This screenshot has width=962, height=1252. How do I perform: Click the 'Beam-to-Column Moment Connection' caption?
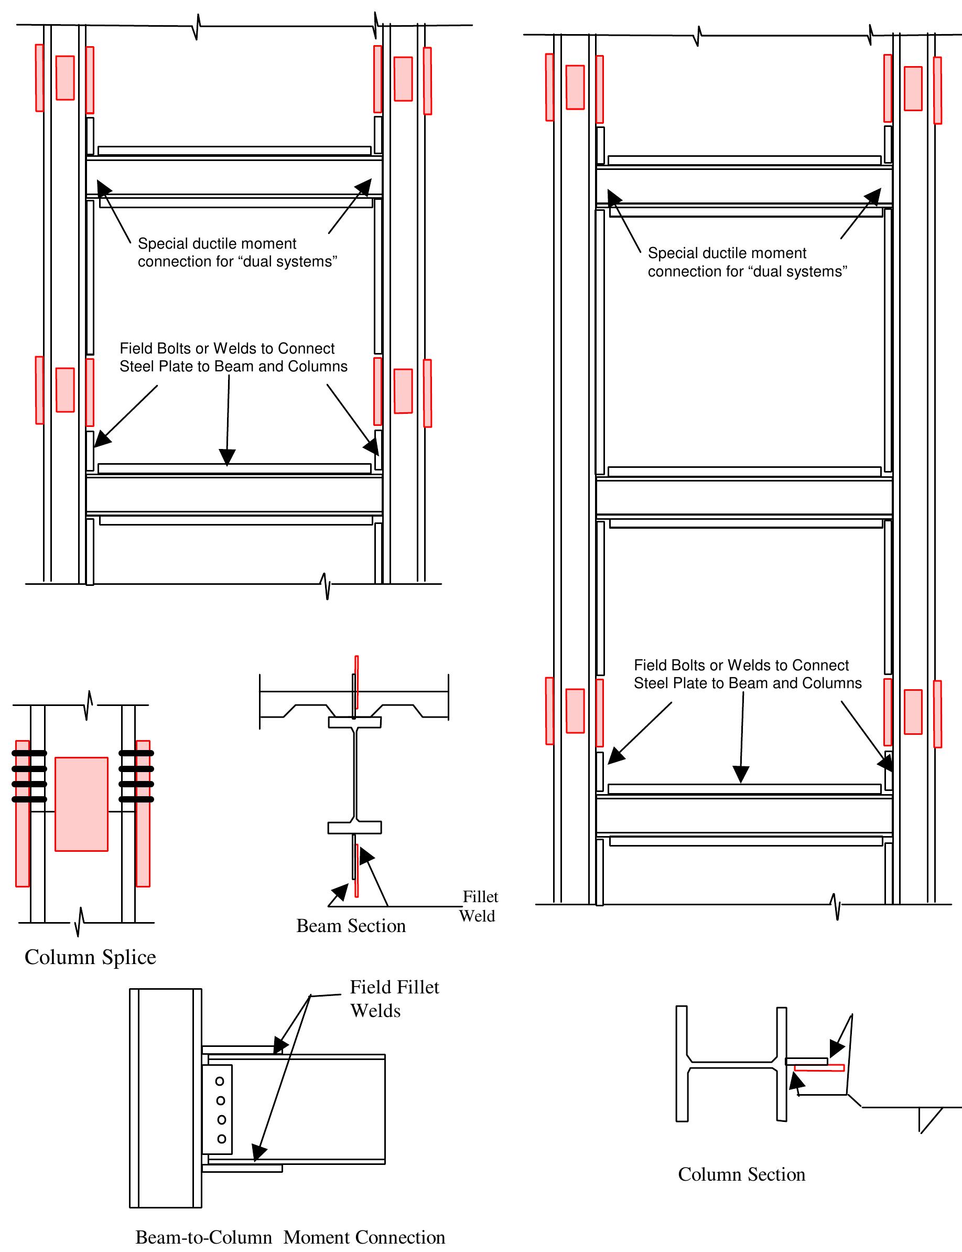pos(290,1237)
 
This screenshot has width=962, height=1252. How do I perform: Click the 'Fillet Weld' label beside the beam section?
pos(479,905)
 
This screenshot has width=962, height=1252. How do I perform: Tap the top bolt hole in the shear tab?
pos(219,1081)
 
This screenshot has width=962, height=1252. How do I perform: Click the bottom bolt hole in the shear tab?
pos(222,1139)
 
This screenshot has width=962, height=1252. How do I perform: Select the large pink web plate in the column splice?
pos(81,804)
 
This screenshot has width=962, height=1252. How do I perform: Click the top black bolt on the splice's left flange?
pos(29,753)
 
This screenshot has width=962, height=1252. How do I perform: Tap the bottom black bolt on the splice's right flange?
pos(136,799)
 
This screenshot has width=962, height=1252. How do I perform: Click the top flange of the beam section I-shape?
pos(354,723)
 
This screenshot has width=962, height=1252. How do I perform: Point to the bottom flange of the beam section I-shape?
pos(354,827)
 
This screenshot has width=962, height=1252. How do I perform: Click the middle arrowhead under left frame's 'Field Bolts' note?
pos(228,456)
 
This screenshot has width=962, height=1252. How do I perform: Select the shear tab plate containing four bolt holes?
pos(218,1109)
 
